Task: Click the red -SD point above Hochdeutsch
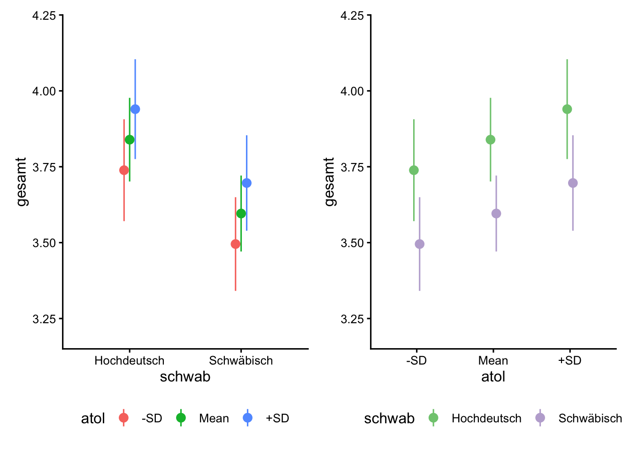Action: (124, 170)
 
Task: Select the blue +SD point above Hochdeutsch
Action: (135, 109)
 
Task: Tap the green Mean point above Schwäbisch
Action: (241, 214)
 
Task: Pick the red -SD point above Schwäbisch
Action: (236, 244)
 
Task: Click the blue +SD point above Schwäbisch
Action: (246, 183)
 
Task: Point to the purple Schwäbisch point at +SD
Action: (573, 183)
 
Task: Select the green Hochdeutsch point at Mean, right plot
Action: (491, 140)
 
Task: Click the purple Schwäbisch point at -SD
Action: (420, 244)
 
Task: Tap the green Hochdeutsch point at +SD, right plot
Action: (567, 109)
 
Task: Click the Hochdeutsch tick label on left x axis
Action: (130, 361)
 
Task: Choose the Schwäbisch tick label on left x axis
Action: (241, 361)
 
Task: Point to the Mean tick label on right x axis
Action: (493, 361)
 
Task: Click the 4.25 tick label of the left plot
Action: (44, 16)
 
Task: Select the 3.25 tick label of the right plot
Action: (352, 319)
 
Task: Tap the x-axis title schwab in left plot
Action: (185, 377)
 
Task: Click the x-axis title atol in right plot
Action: (493, 377)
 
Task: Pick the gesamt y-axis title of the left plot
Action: (22, 182)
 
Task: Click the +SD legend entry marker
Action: (247, 418)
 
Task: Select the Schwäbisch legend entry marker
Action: (540, 418)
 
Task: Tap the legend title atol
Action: (93, 419)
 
